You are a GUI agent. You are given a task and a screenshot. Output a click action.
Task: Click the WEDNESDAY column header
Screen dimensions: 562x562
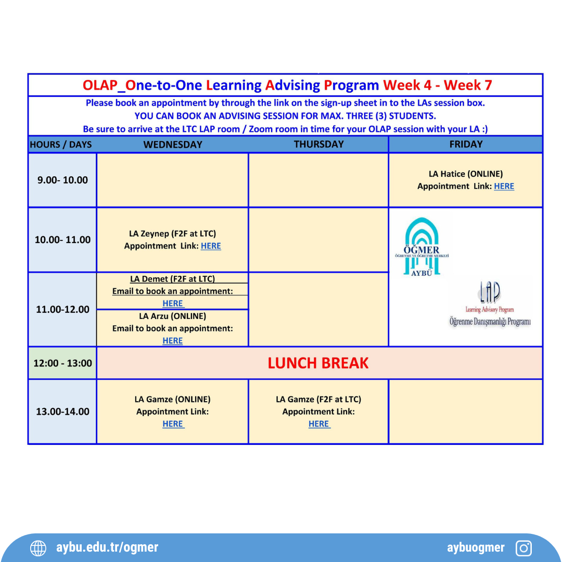point(173,145)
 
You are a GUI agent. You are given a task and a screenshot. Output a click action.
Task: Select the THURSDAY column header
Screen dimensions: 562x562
point(318,144)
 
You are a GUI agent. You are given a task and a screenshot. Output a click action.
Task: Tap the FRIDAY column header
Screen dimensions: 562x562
point(466,144)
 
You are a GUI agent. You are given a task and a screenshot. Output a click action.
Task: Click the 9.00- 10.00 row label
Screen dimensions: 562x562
point(62,180)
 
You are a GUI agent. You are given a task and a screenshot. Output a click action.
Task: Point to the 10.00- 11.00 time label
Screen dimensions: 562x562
point(62,240)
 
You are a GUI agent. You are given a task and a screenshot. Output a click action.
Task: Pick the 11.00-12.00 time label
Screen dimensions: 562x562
point(62,310)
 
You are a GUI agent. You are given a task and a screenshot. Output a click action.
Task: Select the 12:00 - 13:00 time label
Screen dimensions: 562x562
point(62,363)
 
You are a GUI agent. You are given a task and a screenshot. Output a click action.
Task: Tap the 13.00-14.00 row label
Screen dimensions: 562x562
point(62,412)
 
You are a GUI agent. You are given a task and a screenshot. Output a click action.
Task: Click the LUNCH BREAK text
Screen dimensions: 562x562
point(318,363)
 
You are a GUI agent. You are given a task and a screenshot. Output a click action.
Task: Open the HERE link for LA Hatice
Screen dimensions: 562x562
point(504,186)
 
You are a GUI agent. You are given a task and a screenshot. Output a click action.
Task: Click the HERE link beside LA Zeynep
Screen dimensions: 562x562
point(211,246)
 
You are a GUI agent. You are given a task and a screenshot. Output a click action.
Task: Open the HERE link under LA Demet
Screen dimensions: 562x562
point(173,303)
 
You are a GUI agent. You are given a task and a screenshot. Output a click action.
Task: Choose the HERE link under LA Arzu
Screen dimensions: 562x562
point(173,341)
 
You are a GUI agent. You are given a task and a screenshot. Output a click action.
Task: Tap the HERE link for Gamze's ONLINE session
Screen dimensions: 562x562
point(173,424)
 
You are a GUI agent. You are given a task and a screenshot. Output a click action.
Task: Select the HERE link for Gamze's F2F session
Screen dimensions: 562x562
point(318,424)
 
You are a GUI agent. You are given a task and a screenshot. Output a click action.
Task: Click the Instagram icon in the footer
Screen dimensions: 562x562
point(523,548)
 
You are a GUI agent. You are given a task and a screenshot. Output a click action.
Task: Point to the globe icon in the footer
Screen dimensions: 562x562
point(38,548)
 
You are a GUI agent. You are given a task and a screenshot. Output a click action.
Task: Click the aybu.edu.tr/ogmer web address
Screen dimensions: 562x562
point(107,547)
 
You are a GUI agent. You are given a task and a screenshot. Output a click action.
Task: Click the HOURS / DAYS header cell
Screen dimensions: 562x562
point(61,145)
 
